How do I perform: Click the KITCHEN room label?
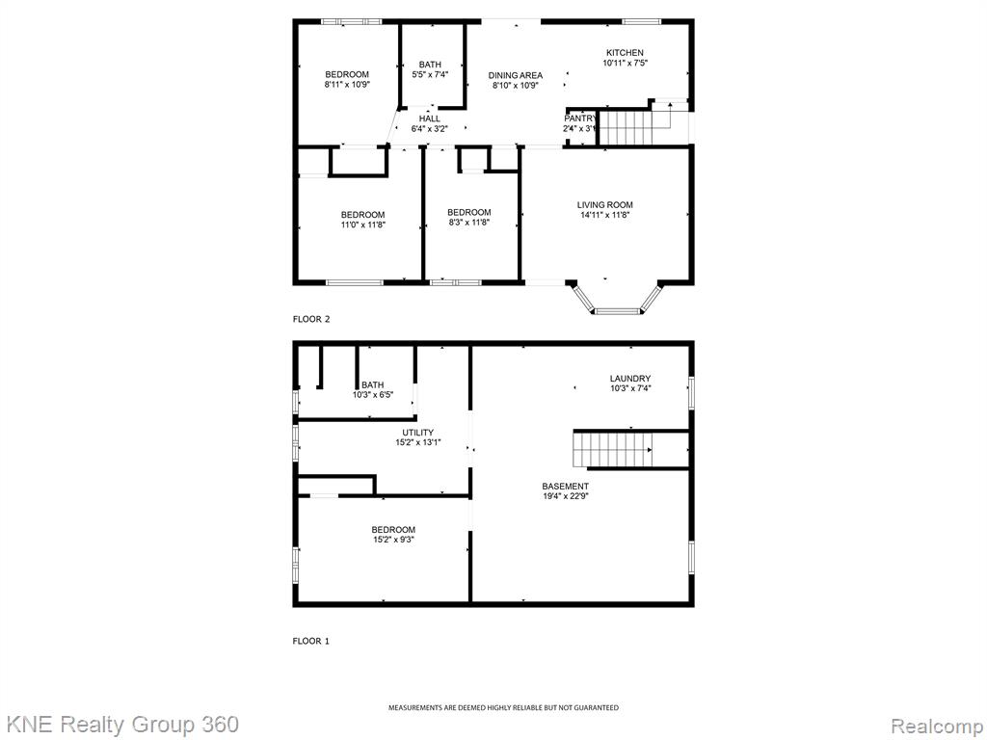tap(625, 53)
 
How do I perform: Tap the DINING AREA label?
tap(516, 75)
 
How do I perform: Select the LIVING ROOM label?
tap(605, 204)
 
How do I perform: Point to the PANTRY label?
tap(579, 119)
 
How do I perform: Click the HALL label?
tap(430, 119)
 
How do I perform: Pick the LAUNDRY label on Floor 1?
tap(630, 378)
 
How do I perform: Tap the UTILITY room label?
tap(418, 433)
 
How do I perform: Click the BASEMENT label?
tap(565, 486)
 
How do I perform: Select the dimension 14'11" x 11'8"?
tap(605, 215)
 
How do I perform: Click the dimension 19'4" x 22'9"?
tap(565, 496)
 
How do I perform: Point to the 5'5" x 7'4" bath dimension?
tap(430, 74)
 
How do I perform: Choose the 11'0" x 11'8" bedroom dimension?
tap(362, 225)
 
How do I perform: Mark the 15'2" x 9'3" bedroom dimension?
tap(393, 540)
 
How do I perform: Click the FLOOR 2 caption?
tap(311, 319)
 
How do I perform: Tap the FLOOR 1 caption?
tap(311, 641)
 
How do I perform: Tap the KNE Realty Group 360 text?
tap(120, 725)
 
